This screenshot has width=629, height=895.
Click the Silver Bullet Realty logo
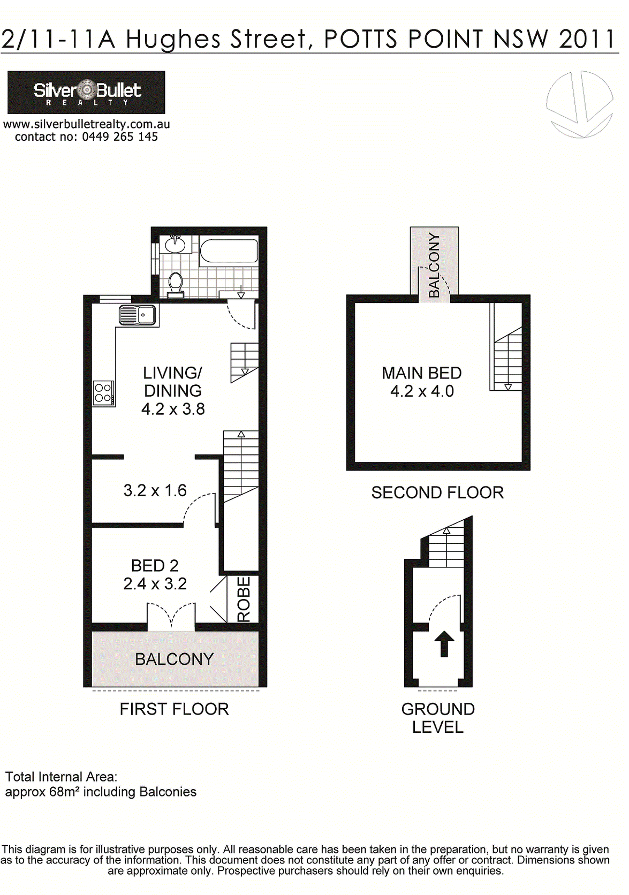tap(86, 92)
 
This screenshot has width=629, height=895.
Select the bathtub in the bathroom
tap(229, 251)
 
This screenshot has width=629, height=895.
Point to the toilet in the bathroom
tap(176, 285)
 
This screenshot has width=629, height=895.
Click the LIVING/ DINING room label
tap(172, 382)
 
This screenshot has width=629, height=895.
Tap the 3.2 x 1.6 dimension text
tap(155, 490)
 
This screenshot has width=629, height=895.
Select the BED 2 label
tap(155, 566)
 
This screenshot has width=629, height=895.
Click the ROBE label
tap(244, 600)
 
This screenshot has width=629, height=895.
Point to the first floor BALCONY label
tap(174, 659)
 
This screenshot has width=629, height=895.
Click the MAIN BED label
tap(422, 373)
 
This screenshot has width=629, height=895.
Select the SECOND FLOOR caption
tap(437, 492)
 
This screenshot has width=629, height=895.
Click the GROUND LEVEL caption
tap(438, 718)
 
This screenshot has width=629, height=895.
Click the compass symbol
tap(579, 105)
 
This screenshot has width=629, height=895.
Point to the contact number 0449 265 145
tap(120, 136)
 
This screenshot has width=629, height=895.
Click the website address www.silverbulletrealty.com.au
tap(86, 124)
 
